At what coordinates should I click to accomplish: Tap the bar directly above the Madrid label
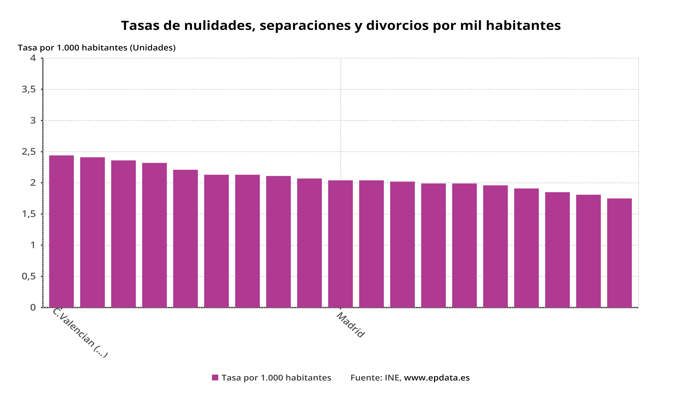(340, 244)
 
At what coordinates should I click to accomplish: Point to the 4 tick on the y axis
(33, 58)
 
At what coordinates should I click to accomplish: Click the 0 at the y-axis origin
(33, 308)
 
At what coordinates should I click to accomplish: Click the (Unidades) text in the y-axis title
(153, 48)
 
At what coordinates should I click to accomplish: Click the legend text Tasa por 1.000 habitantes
(276, 378)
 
